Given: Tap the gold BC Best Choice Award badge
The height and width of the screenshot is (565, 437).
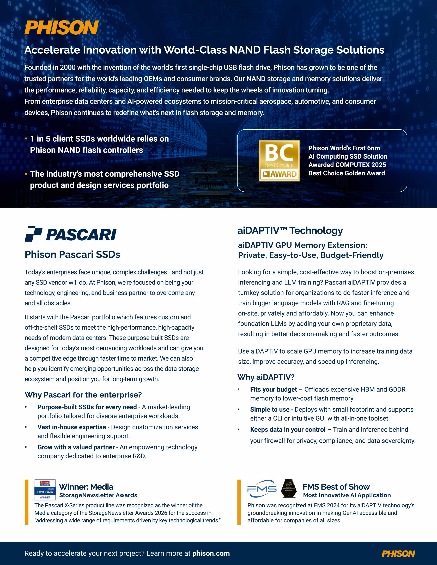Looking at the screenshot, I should click(279, 160).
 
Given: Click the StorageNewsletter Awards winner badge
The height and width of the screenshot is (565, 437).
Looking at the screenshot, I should click(45, 490).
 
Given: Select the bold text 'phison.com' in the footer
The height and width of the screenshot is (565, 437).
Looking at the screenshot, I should click(211, 553).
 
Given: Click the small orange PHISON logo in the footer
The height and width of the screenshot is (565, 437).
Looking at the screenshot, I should click(398, 554).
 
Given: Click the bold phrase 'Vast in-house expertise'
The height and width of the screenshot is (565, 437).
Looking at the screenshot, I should click(71, 427).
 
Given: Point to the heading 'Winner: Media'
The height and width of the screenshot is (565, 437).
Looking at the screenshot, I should click(86, 487).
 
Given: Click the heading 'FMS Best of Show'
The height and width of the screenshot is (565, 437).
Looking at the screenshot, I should click(336, 487).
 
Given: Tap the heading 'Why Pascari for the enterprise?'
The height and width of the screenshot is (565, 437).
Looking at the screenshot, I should click(83, 395).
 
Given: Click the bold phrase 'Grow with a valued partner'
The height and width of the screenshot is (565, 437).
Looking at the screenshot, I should click(76, 447).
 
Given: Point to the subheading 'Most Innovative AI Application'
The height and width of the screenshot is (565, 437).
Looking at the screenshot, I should click(347, 495).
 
